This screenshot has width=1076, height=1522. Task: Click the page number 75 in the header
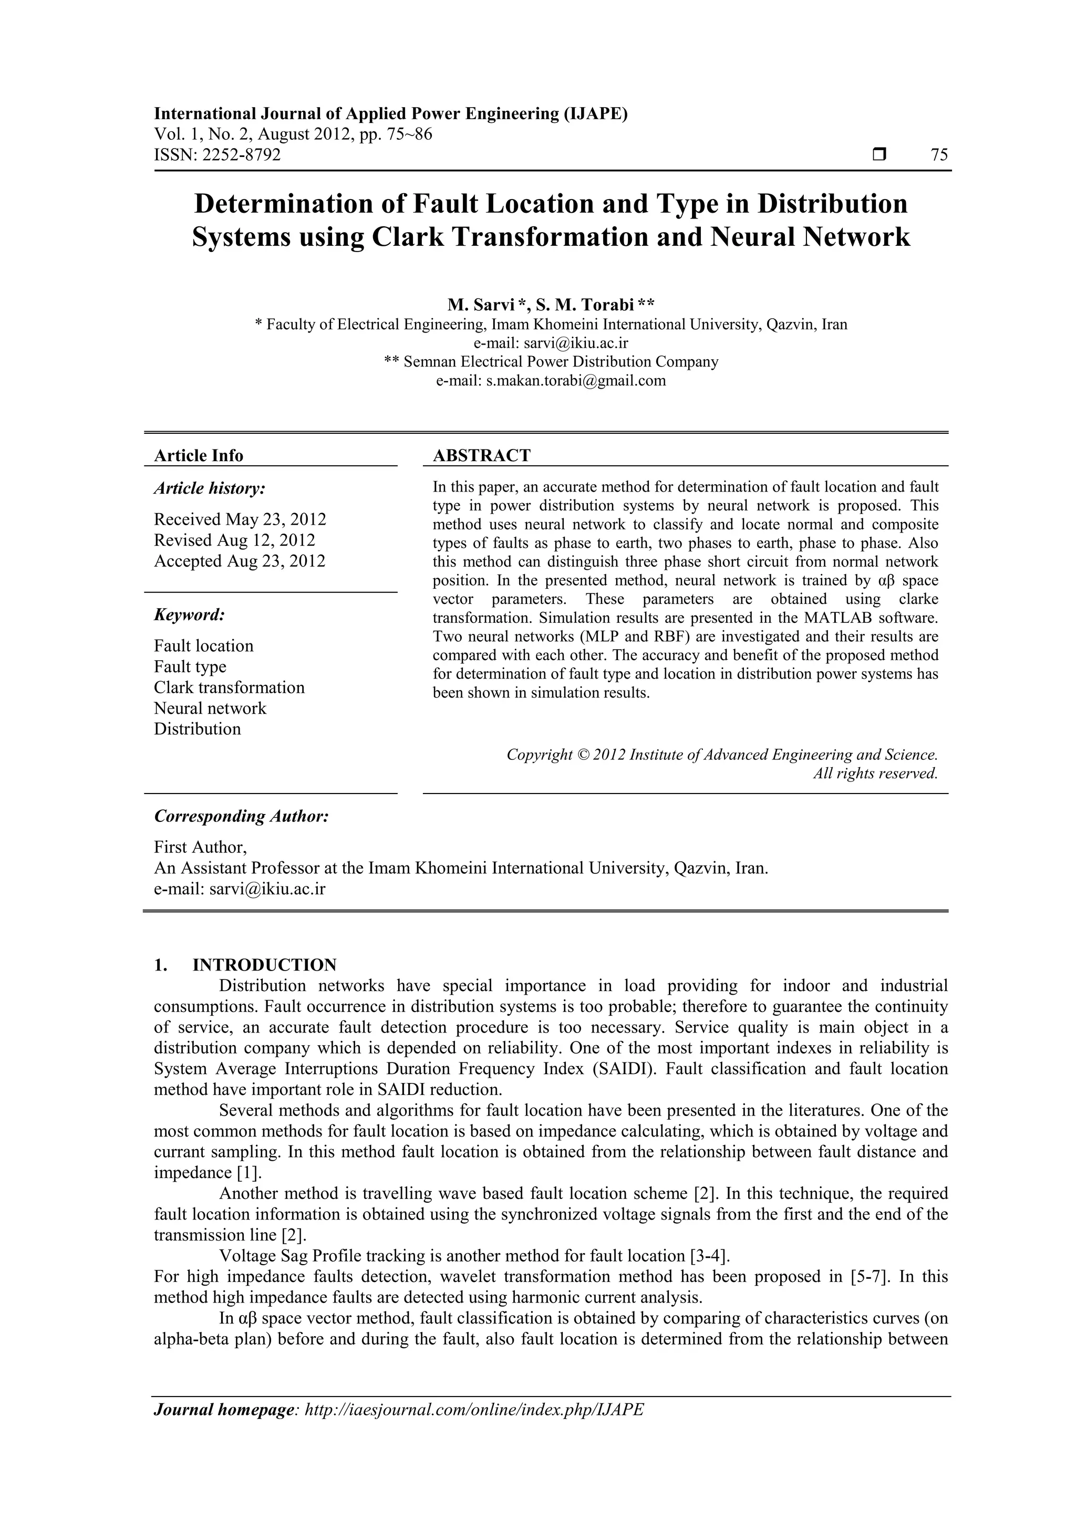click(939, 155)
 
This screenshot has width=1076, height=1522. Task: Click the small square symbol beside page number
click(879, 155)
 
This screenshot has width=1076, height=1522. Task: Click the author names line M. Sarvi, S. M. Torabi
click(550, 305)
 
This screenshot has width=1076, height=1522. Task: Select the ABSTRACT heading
click(481, 455)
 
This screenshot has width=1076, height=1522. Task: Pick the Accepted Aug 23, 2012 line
click(240, 561)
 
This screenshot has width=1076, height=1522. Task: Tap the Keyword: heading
click(190, 615)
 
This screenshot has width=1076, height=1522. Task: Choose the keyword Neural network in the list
click(210, 708)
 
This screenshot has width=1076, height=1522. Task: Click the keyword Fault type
click(190, 666)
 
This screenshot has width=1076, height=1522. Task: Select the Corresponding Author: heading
click(241, 816)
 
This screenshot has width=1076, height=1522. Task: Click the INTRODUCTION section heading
click(264, 964)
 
